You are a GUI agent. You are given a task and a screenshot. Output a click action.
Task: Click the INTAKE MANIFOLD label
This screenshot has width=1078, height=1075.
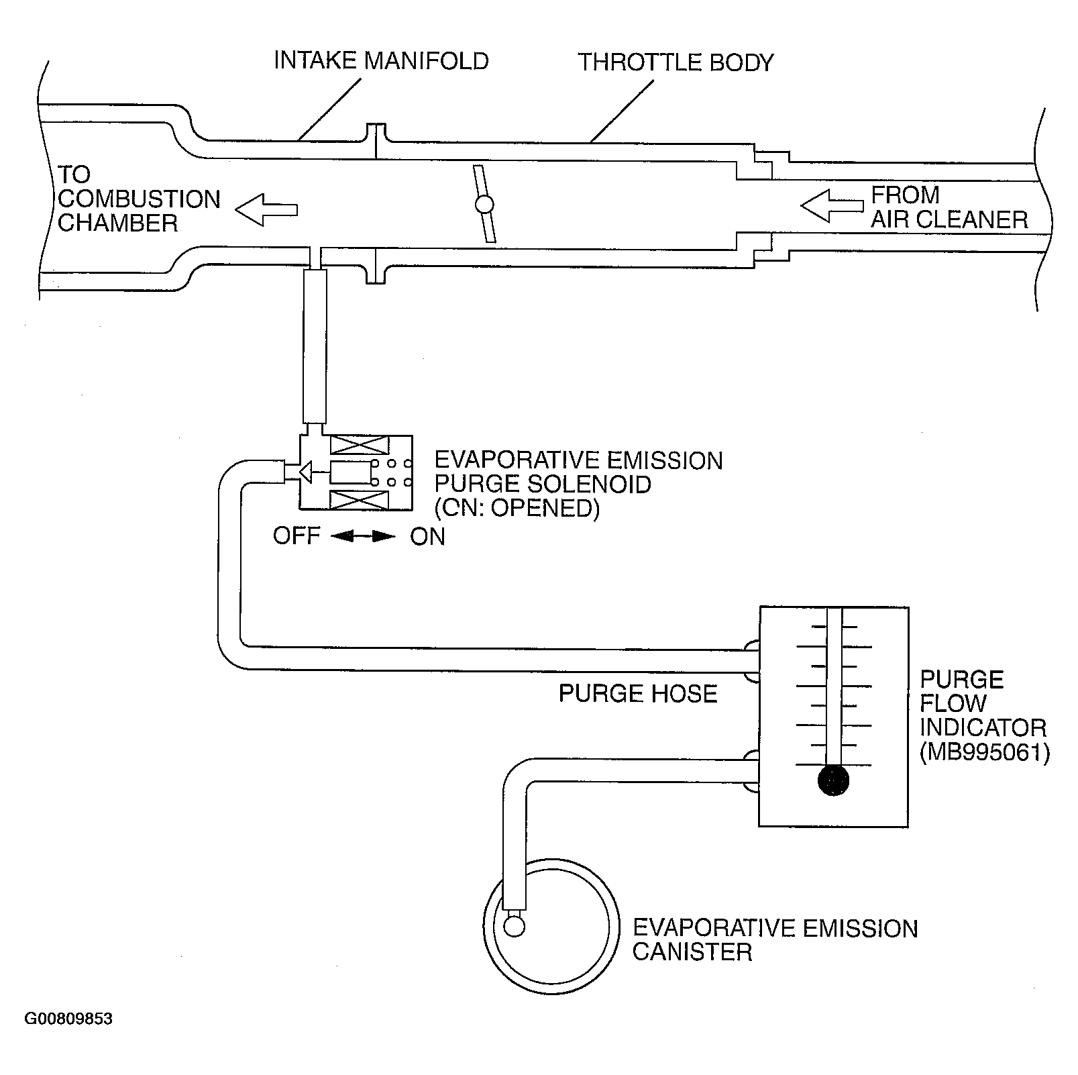coord(380,61)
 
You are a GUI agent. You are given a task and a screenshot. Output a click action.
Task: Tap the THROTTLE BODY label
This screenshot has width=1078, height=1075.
coord(676,62)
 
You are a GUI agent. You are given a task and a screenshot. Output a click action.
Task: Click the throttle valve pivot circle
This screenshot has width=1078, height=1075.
coord(484,204)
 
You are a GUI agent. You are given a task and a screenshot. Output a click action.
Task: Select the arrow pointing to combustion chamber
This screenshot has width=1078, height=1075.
coord(266,209)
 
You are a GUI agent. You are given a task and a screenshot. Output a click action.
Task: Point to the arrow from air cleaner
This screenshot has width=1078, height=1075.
coord(832,205)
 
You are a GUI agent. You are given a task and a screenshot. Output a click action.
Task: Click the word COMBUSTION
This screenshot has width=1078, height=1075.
coord(139,199)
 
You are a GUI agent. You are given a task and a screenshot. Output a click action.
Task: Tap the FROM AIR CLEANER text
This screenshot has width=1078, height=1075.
coord(949,207)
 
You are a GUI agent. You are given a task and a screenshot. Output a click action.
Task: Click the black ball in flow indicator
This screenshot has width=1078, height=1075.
coord(834,781)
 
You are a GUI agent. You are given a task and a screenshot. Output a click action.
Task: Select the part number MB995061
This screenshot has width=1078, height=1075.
coord(984,752)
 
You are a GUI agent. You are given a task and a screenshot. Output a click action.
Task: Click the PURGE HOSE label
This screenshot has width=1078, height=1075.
coord(638,693)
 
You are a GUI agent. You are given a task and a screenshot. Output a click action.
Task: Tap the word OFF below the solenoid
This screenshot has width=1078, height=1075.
coord(296,536)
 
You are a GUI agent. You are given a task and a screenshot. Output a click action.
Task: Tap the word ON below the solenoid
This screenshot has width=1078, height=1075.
coord(427,537)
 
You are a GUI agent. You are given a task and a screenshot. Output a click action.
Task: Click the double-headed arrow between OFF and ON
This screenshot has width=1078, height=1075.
coord(363,536)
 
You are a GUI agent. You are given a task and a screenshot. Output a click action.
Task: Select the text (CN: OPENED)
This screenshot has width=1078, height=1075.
coord(517,508)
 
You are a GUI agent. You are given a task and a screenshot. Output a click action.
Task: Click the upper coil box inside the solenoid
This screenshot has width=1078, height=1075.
coord(359,446)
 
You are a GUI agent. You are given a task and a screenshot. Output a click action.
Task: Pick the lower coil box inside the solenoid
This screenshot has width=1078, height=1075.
coord(359,501)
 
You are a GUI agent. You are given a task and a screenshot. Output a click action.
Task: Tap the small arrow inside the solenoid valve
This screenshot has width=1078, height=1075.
coord(305,473)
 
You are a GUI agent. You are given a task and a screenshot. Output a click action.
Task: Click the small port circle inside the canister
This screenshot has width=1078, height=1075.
coord(514,927)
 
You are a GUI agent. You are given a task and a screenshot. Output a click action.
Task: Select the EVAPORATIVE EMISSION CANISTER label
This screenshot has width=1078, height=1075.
coord(774,940)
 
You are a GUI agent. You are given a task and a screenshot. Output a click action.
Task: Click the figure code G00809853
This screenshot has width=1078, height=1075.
coord(68,1019)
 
